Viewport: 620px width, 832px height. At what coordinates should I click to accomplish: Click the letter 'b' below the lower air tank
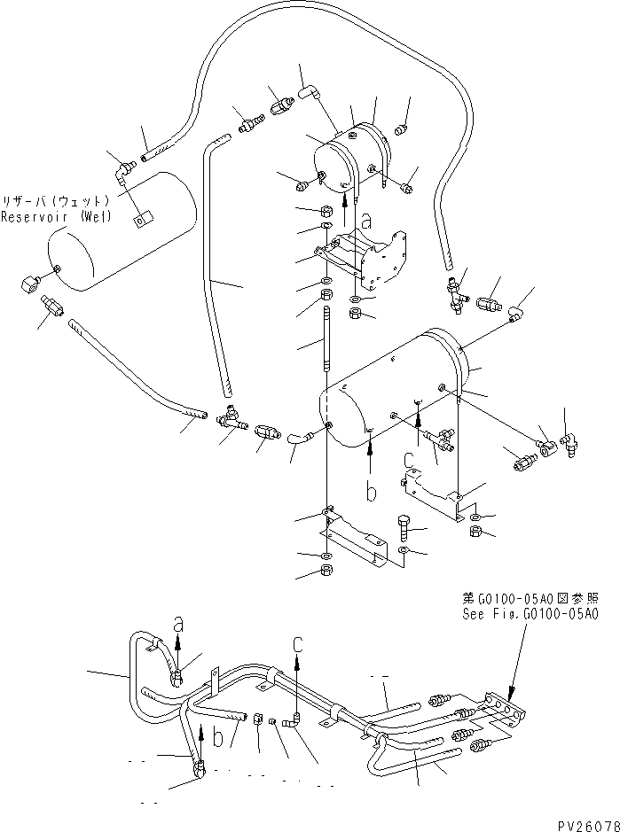coord(373,488)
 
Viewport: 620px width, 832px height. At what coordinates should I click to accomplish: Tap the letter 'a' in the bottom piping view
coord(177,623)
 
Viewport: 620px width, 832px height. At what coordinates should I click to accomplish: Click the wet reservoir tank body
coord(120,235)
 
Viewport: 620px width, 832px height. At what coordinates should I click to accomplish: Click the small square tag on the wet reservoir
coord(140,216)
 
